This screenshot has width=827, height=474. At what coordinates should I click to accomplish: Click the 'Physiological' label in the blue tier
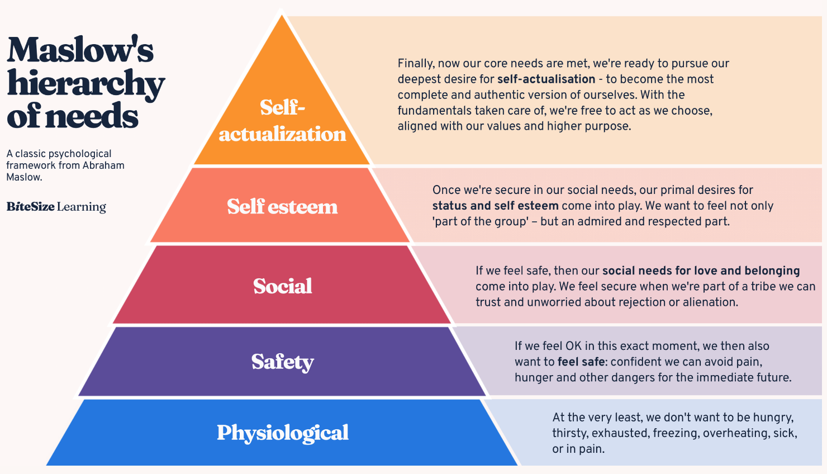click(x=282, y=433)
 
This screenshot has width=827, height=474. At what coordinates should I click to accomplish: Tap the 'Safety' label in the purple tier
click(x=282, y=362)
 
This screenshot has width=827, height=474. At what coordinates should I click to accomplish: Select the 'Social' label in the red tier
click(x=282, y=286)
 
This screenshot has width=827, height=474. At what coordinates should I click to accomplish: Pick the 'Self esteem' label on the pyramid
click(x=282, y=206)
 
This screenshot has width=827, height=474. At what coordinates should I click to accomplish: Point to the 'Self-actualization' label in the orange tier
click(x=282, y=120)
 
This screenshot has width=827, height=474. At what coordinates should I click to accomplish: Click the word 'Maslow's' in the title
click(x=80, y=50)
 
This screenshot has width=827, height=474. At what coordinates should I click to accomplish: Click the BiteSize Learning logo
click(x=56, y=207)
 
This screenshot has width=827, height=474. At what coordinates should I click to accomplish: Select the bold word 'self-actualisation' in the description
click(x=546, y=79)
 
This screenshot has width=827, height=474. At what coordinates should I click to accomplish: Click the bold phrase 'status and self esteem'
click(x=495, y=205)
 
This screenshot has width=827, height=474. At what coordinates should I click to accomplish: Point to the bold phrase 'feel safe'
click(x=581, y=361)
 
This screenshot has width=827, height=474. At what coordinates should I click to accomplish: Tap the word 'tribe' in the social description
click(x=761, y=286)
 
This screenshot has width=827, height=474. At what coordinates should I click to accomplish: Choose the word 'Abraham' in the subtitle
click(x=103, y=165)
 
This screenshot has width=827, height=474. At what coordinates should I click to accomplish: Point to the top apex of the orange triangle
click(x=282, y=15)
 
